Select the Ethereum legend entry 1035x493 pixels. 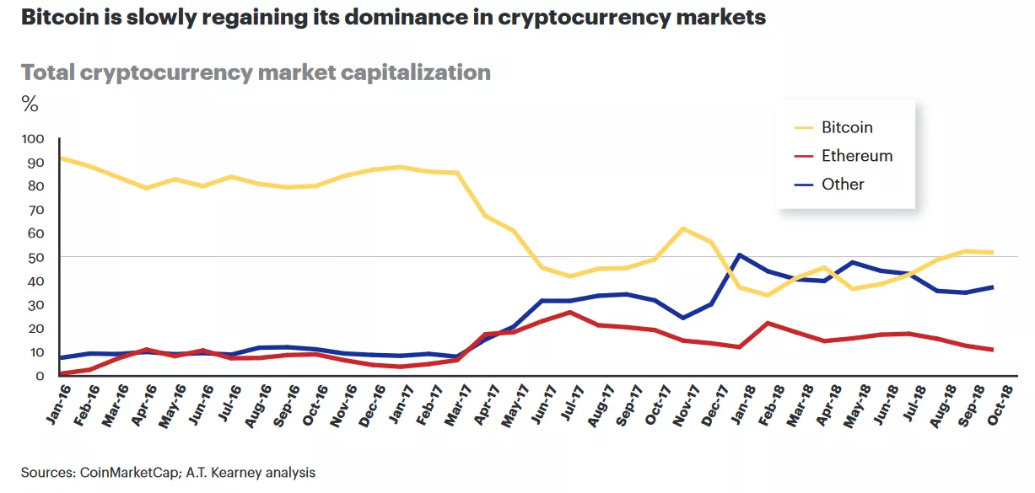856,156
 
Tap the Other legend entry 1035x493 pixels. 842,184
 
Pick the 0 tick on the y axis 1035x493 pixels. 39,376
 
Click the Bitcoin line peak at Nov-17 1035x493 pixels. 683,228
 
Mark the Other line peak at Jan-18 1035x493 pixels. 740,255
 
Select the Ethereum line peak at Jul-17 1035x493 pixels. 569,312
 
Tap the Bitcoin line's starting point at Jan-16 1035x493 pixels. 60,158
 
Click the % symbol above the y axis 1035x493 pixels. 30,104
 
